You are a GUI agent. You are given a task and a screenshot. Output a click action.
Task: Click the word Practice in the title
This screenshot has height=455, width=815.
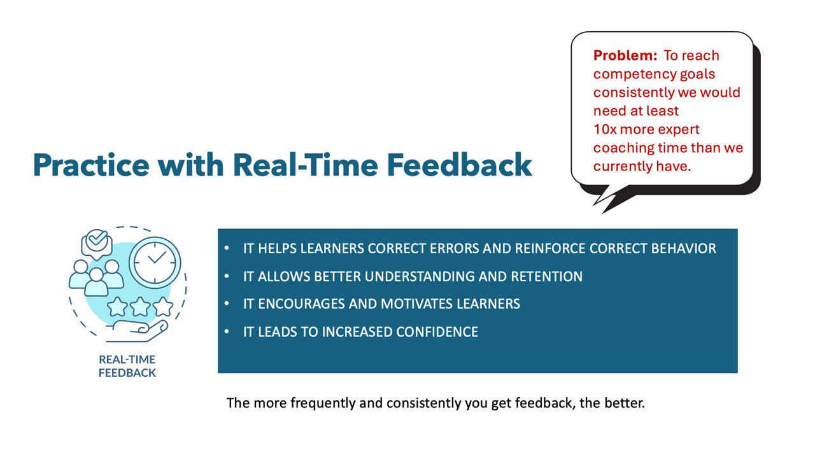point(91,165)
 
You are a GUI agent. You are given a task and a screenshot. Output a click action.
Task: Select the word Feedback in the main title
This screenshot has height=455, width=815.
point(460,165)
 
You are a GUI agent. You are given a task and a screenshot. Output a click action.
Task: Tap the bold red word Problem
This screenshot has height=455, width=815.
point(625,55)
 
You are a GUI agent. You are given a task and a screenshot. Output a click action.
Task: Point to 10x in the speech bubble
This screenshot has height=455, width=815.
point(605,129)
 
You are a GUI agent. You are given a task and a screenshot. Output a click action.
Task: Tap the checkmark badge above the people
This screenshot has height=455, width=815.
point(96,242)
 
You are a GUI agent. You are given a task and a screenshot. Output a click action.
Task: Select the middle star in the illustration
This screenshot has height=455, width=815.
point(140,307)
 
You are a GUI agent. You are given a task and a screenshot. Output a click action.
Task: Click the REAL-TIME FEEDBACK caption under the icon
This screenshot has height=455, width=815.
point(127,366)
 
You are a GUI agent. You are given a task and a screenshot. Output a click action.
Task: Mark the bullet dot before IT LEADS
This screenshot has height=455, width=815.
point(227,332)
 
